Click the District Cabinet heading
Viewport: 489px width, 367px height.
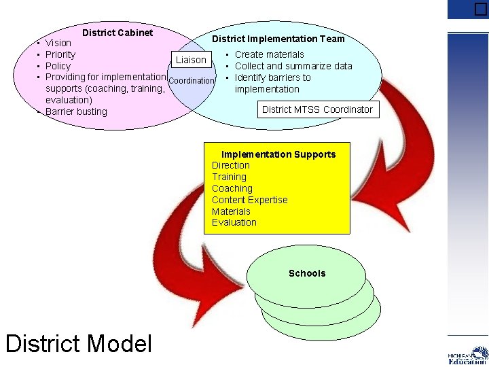tap(117, 33)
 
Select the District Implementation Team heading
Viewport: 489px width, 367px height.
tap(278, 39)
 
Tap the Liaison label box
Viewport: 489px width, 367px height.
tap(191, 60)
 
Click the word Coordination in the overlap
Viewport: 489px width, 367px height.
tap(191, 81)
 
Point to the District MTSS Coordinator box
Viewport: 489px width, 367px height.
tap(317, 109)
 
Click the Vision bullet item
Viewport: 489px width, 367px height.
tap(58, 43)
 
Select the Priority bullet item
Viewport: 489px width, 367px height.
tap(60, 54)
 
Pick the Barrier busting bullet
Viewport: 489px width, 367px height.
tap(76, 111)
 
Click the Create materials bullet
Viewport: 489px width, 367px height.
tap(269, 54)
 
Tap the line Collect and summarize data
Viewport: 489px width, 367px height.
tap(293, 66)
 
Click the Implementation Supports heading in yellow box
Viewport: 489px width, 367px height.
tap(278, 154)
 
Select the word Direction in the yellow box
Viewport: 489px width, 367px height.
tap(231, 165)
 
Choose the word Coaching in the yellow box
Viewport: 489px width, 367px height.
tap(232, 188)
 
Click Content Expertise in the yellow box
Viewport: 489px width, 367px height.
tap(249, 200)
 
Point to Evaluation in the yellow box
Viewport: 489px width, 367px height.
tap(234, 222)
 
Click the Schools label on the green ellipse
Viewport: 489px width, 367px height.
tap(307, 273)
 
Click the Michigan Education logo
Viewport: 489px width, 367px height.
tap(468, 355)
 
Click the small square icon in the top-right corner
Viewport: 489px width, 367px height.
tap(481, 9)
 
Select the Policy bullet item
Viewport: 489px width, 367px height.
tap(58, 66)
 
